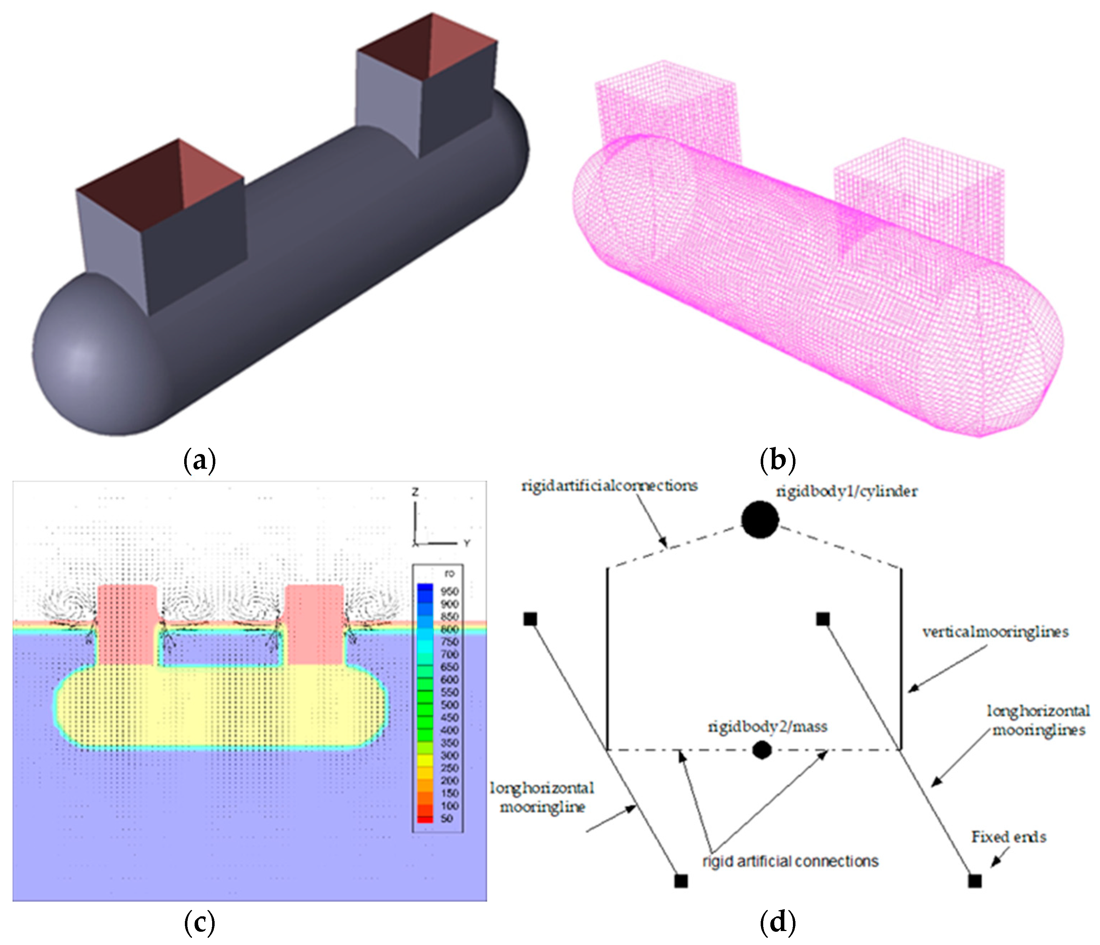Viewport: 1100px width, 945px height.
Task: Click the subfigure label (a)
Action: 200,461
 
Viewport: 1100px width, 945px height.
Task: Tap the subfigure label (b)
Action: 778,461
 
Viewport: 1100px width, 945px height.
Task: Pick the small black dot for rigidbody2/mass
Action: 762,750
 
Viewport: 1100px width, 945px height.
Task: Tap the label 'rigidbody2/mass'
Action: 767,726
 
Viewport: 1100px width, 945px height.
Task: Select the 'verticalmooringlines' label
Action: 995,632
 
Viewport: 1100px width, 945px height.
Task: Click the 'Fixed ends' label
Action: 1009,837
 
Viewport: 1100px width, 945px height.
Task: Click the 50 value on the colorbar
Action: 447,818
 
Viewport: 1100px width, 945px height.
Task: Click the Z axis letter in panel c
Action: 415,493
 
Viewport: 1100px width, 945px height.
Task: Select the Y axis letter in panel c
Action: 467,543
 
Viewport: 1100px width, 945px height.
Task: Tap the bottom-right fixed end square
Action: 975,881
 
